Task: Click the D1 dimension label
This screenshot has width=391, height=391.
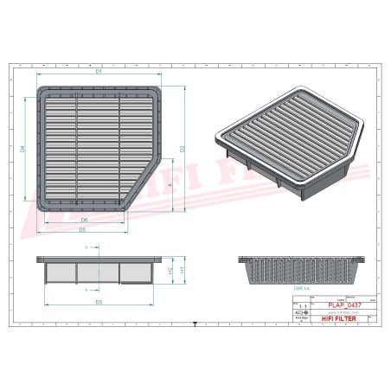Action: point(99,72)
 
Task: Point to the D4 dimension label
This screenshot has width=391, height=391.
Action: point(22,149)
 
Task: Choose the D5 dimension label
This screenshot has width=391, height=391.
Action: point(81,230)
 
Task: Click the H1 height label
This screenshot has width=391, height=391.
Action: point(183,270)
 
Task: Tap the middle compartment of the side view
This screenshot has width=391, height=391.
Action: point(98,272)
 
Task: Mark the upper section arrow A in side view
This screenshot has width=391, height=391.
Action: point(87,249)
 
